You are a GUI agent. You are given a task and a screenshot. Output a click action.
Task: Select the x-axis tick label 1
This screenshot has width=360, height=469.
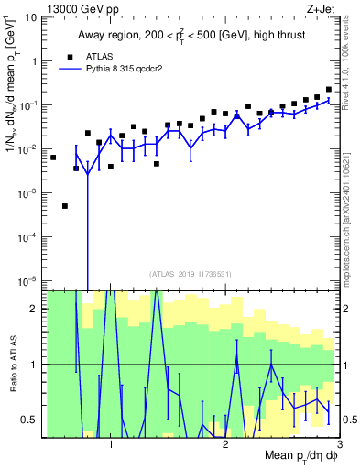(x=111, y=444)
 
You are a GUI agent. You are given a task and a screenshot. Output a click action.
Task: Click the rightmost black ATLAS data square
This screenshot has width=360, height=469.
(x=329, y=90)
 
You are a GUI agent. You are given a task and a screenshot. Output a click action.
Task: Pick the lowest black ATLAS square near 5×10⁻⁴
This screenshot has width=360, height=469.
(x=65, y=206)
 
